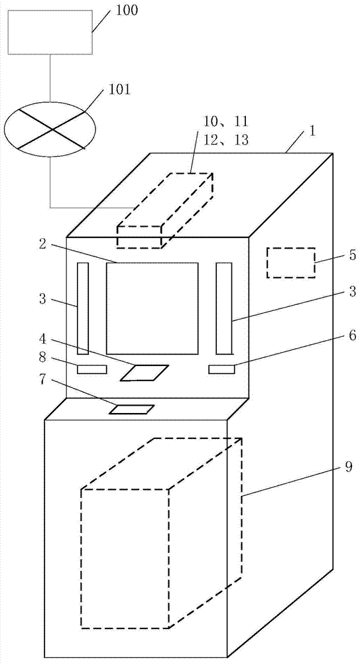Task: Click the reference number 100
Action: pos(127,11)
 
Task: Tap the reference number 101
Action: pos(119,90)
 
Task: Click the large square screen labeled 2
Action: pos(152,308)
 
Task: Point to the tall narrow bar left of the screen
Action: pos(83,309)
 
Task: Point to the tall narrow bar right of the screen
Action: pos(224,308)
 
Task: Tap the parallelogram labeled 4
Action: pos(145,373)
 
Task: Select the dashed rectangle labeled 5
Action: pos(291,263)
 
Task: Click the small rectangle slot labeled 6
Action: pos(221,369)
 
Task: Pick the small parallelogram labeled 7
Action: pos(131,409)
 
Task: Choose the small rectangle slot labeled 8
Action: pos(91,369)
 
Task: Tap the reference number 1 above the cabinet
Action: pos(312,130)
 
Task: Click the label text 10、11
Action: pos(225,122)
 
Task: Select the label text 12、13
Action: pos(225,140)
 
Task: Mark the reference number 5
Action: pos(353,255)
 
